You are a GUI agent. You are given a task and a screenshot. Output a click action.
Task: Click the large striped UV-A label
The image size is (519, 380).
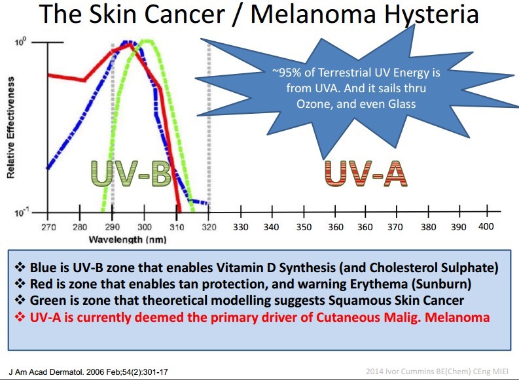[365, 173]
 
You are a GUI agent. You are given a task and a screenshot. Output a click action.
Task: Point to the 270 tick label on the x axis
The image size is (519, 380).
[48, 227]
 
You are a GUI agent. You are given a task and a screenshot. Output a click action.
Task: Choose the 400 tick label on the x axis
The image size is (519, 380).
[486, 226]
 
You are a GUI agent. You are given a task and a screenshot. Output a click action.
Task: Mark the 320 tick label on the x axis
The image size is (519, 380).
[208, 227]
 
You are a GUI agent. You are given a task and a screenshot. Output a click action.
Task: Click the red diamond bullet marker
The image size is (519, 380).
[19, 317]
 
